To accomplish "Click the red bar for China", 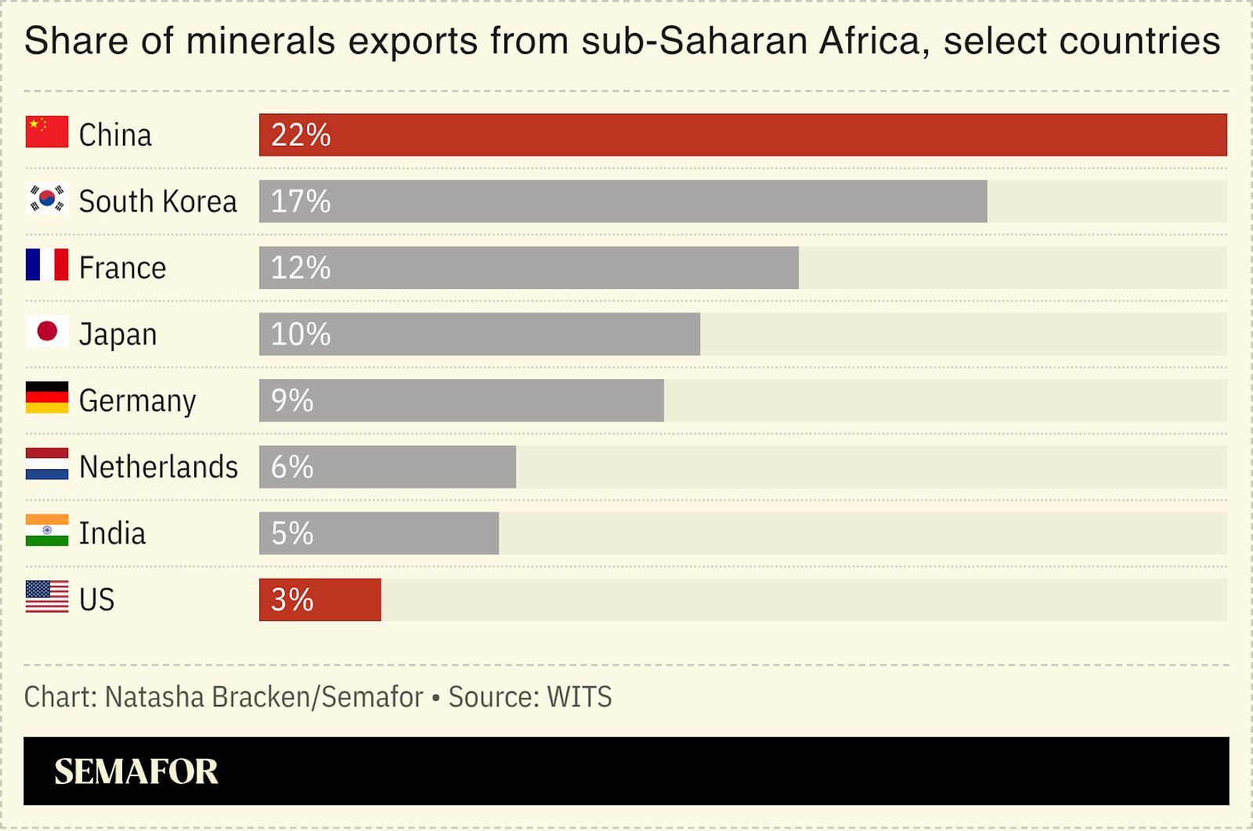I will point(742,135).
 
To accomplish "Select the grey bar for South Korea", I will point(623,201).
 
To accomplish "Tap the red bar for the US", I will point(320,600).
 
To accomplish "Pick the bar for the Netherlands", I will point(387,467).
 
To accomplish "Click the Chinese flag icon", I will point(47,132).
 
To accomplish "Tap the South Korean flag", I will point(47,199).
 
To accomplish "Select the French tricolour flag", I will point(47,265).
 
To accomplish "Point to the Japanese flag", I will point(47,331).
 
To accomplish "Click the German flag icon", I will point(47,398).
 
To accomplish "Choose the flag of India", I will point(47,530).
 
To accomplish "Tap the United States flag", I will point(47,597).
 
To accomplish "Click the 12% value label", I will point(301,268).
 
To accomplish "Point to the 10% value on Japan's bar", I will point(301,334).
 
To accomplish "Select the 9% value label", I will point(292,401).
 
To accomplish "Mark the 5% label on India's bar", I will point(292,533).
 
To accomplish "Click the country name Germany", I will point(138,401).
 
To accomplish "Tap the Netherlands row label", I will point(159,467).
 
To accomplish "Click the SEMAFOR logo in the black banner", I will point(136,771).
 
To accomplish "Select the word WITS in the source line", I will point(580,697).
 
